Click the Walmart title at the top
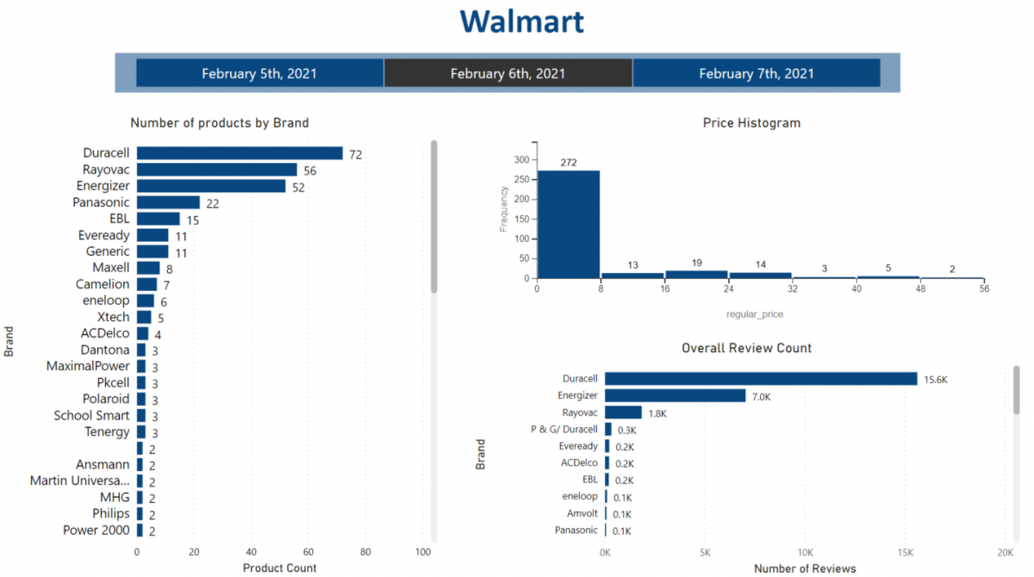521,21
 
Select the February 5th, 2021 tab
259,73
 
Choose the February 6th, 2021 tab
508,73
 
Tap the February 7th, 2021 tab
756,73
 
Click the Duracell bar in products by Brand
240,153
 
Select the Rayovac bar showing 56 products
216,170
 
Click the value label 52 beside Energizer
298,187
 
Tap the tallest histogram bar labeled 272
568,224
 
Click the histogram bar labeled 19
696,275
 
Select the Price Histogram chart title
751,123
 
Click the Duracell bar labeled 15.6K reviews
761,379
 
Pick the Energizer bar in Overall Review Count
675,395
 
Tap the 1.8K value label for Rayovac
657,413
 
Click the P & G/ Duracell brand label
564,429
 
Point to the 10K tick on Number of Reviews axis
805,552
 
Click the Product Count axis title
279,568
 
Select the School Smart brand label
91,416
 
